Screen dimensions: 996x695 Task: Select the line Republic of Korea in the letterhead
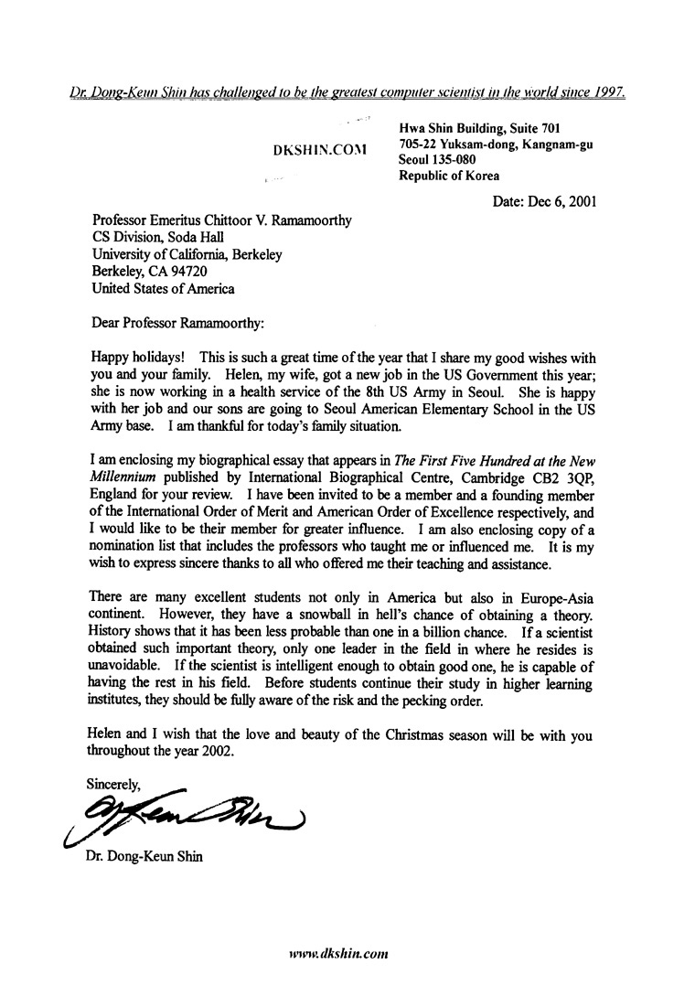[x=450, y=176]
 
